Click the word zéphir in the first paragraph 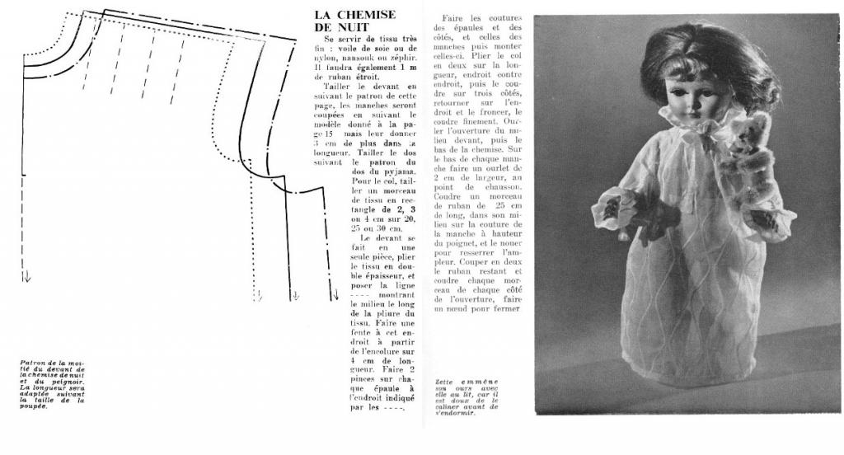(399, 59)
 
